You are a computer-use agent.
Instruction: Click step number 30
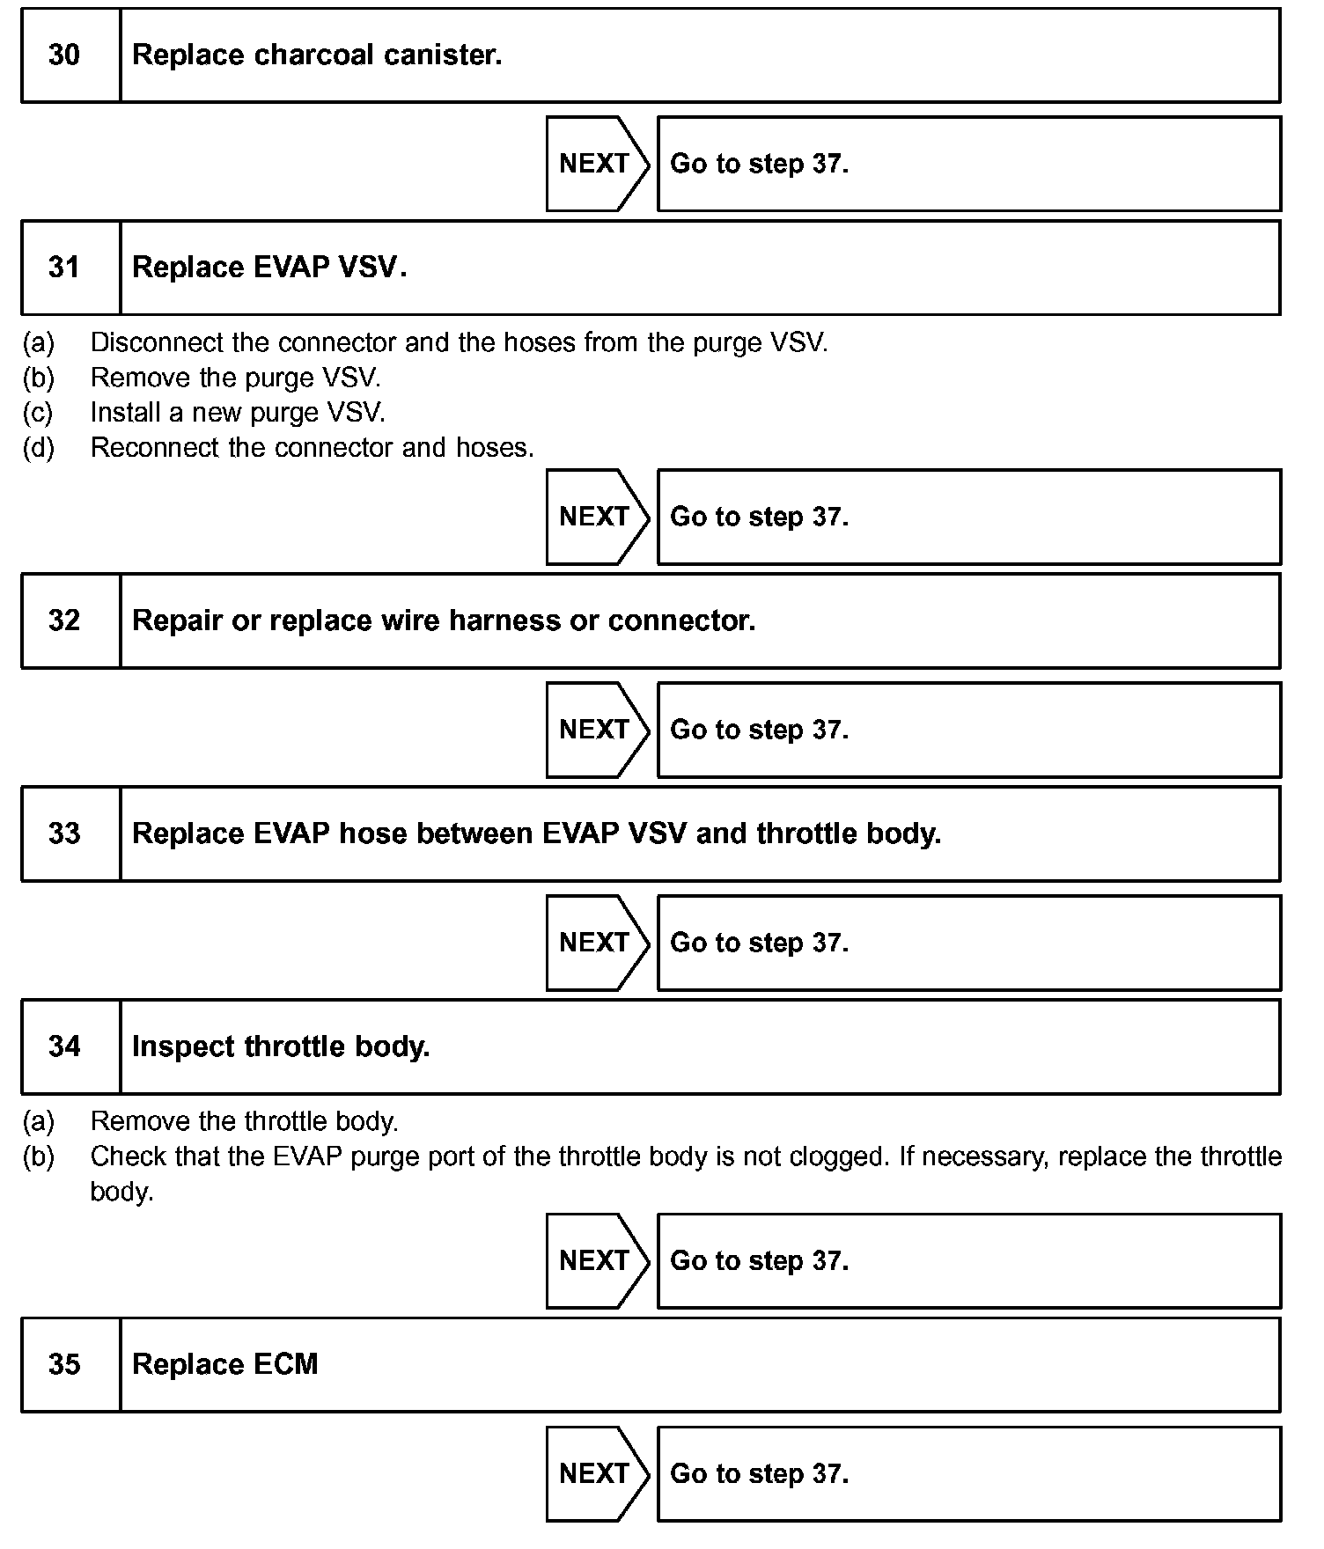tap(64, 55)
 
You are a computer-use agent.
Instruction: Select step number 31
tap(64, 268)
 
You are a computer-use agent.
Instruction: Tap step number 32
tap(64, 620)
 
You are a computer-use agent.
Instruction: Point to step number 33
tap(64, 833)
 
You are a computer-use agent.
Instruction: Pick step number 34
tap(64, 1046)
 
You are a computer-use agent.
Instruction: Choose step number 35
tap(64, 1364)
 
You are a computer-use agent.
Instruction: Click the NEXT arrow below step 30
tap(596, 164)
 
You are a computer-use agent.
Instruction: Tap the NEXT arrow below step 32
tap(596, 730)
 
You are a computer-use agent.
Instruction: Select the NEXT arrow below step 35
tap(596, 1473)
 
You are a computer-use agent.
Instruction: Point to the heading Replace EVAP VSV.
tap(268, 268)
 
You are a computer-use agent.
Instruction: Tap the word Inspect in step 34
tap(183, 1046)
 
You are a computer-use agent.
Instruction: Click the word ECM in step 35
tap(285, 1364)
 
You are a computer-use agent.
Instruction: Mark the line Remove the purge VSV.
tap(235, 378)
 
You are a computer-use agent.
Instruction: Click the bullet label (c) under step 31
tap(38, 413)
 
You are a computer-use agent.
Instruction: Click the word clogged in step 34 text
tap(836, 1156)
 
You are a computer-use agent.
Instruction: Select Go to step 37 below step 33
tap(759, 943)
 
